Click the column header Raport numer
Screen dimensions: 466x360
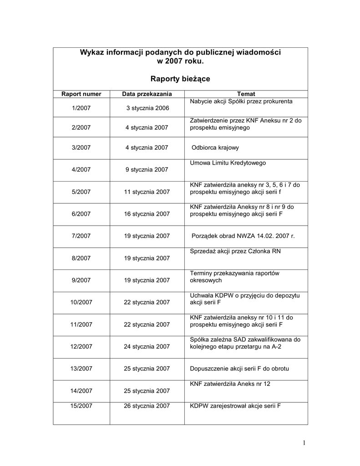click(x=81, y=94)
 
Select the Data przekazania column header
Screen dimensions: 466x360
click(x=147, y=94)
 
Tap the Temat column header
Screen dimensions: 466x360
click(x=246, y=94)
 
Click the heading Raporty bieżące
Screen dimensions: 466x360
click(x=180, y=79)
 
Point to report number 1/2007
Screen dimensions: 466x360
click(x=81, y=108)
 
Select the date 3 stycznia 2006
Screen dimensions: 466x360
click(x=147, y=108)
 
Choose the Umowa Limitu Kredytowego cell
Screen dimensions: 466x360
click(x=228, y=162)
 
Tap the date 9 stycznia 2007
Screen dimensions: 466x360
click(x=147, y=170)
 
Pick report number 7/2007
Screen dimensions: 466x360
click(x=81, y=236)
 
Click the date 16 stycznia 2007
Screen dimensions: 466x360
click(x=147, y=214)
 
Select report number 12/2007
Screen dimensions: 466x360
click(x=81, y=346)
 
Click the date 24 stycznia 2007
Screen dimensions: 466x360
click(x=147, y=346)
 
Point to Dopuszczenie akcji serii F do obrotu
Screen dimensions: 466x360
click(x=239, y=368)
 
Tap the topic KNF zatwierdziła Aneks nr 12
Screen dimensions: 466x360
click(x=230, y=384)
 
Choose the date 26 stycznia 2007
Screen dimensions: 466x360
click(x=147, y=405)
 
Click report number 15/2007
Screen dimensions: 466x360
click(x=81, y=405)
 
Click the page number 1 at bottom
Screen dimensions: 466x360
click(x=304, y=443)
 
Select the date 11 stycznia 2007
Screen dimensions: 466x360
click(x=147, y=192)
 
